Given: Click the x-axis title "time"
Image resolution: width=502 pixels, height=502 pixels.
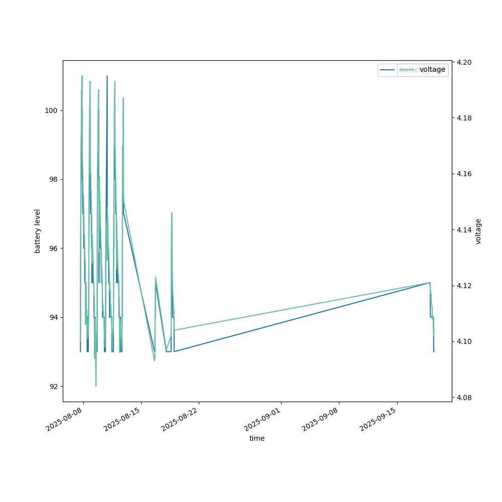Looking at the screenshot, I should click(x=257, y=438).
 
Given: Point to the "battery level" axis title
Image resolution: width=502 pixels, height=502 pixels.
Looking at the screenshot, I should click(x=37, y=231).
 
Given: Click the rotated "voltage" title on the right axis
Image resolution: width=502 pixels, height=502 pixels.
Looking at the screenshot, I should click(x=478, y=231).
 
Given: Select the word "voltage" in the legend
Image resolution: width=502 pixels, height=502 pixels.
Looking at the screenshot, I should click(x=432, y=70).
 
